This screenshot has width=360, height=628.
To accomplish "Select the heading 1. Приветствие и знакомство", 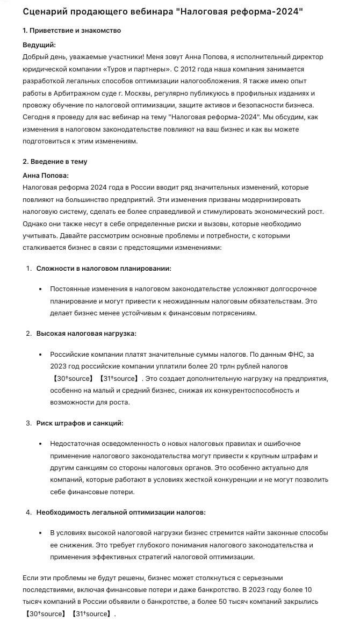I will (x=72, y=31).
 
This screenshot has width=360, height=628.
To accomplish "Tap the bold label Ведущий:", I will (x=39, y=45).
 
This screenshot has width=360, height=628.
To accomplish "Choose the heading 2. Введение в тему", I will (x=55, y=162).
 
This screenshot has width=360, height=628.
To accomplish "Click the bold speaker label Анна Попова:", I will (x=46, y=175).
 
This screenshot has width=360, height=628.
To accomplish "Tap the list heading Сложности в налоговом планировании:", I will (x=104, y=268).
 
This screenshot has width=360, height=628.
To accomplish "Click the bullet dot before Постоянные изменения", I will (x=41, y=289).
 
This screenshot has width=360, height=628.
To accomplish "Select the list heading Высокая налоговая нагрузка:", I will (x=86, y=334).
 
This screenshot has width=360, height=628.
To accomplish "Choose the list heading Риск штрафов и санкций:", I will (x=80, y=423).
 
